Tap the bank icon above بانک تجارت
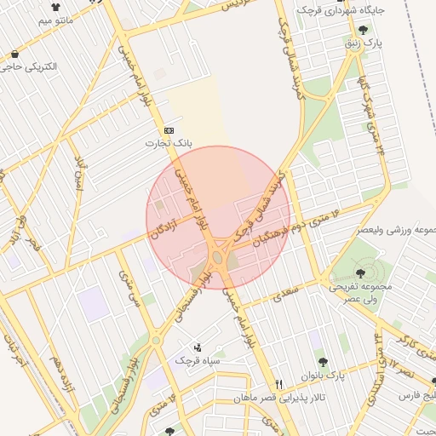tap(169, 129)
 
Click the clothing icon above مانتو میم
tap(56, 5)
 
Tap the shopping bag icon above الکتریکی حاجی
tap(16, 53)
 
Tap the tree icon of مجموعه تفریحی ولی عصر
tap(360, 273)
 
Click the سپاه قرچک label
tap(198, 361)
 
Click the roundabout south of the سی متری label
tap(156, 341)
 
